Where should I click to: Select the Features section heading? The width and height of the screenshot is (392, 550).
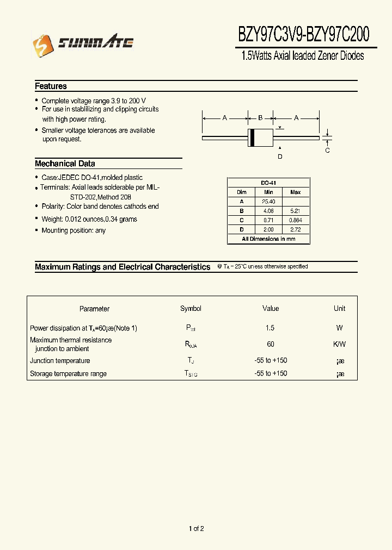51,86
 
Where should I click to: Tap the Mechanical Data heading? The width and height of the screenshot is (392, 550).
65,164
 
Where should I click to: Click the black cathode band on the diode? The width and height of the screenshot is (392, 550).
252,138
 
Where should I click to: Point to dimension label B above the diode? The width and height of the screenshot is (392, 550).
260,118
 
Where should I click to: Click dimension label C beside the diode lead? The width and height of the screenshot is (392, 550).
327,151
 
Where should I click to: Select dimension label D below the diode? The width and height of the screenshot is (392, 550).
280,157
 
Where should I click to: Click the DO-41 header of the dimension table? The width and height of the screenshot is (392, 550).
268,183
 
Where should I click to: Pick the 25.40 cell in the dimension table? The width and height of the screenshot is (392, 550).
268,202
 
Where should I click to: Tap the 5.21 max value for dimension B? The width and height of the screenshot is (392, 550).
295,211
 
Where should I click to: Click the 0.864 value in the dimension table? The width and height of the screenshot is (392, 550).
295,220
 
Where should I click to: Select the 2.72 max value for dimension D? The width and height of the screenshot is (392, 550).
295,229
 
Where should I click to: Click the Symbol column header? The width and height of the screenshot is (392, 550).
191,309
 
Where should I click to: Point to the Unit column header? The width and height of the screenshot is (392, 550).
339,309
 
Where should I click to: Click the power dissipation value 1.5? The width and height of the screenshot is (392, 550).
270,328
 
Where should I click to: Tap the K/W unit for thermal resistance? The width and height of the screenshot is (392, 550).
339,345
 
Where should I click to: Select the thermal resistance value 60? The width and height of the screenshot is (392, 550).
271,345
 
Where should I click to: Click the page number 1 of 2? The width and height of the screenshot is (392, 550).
196,529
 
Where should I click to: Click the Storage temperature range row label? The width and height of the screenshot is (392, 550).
68,374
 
